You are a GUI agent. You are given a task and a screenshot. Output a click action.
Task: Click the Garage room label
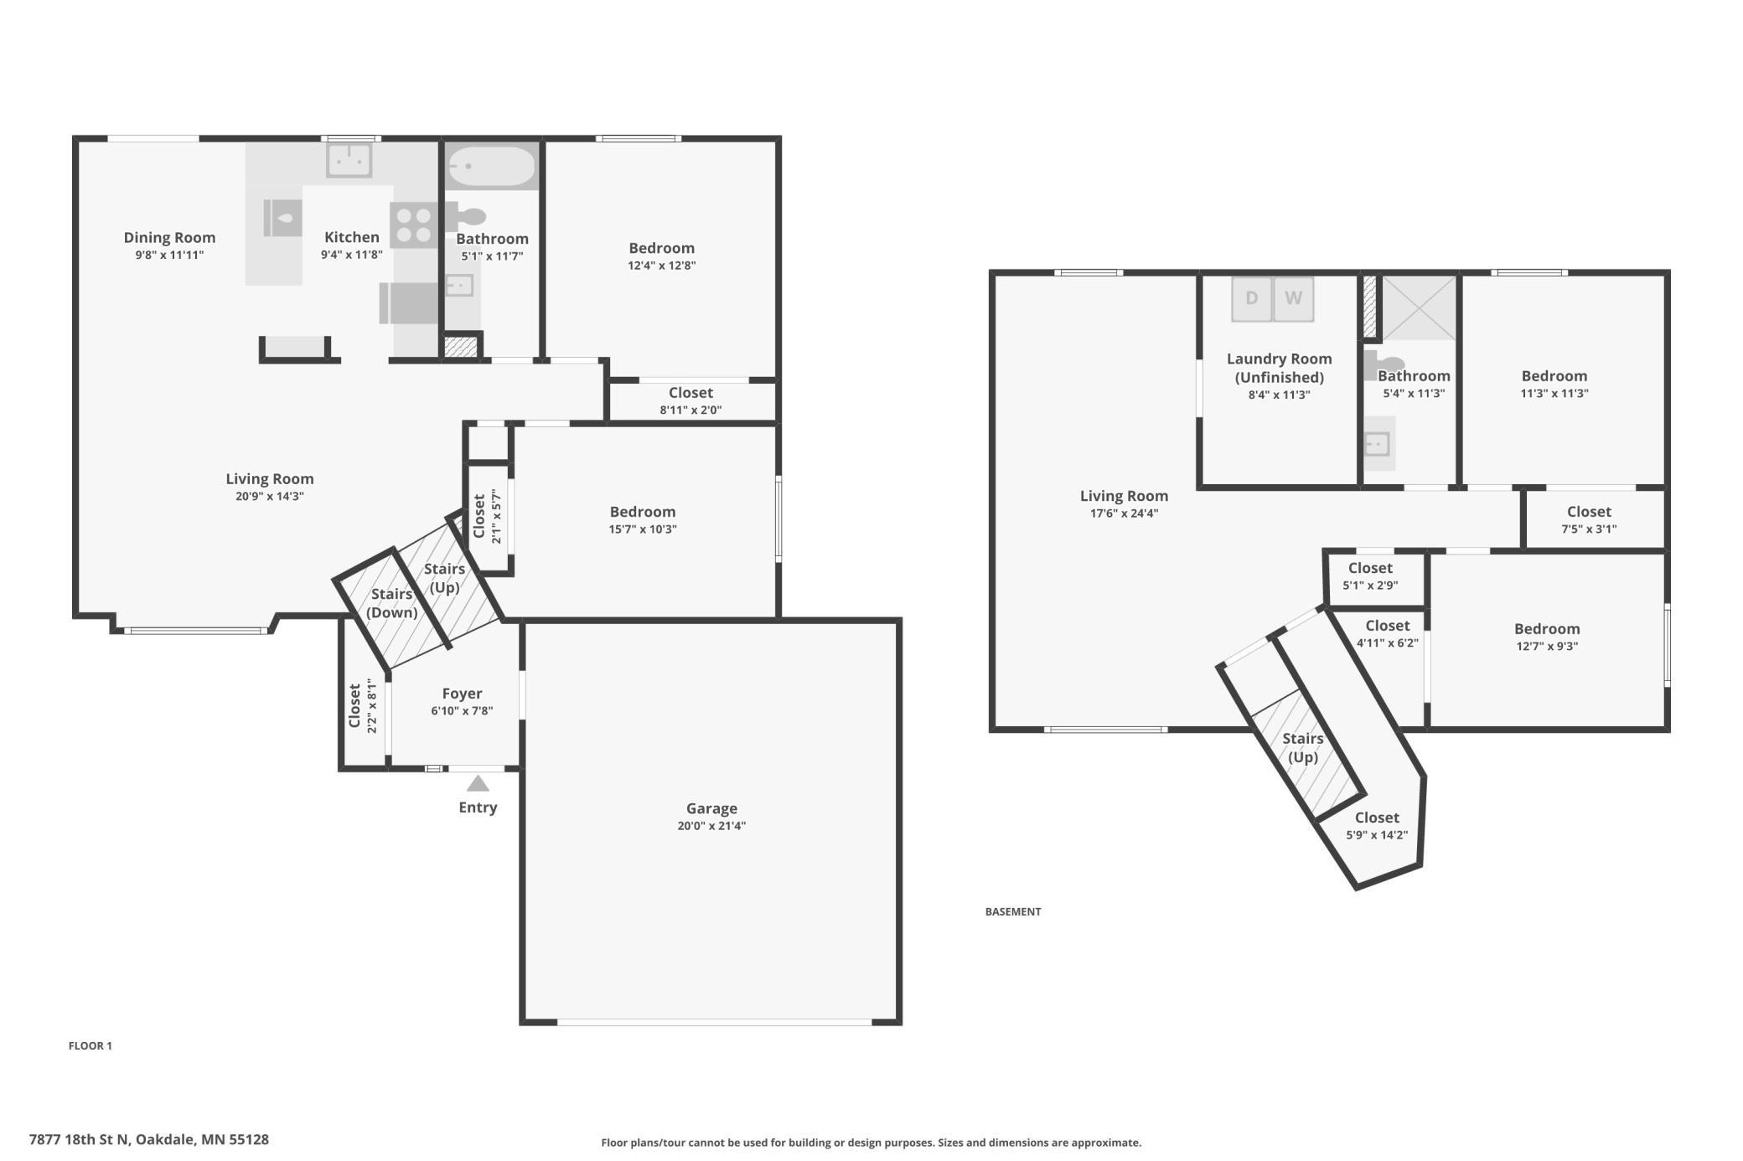(711, 808)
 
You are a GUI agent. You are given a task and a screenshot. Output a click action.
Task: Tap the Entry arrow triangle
(478, 783)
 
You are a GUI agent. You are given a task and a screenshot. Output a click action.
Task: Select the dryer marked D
(1251, 299)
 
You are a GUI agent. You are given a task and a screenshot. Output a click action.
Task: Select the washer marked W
(1293, 299)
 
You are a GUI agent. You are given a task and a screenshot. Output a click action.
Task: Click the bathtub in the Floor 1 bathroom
(491, 167)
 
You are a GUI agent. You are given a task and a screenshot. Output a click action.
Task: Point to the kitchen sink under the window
(349, 160)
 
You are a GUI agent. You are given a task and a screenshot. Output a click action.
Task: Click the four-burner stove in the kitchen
(413, 225)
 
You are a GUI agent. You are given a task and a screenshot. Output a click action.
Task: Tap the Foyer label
(462, 694)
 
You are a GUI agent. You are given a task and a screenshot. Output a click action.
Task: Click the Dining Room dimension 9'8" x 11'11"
(169, 255)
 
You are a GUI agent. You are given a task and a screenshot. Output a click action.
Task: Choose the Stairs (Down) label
(391, 603)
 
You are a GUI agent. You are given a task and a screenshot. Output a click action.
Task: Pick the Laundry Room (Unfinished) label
(1279, 368)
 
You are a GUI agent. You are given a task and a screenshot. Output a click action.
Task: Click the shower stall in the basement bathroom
(1419, 307)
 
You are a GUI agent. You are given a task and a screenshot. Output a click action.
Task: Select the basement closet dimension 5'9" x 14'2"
(1377, 835)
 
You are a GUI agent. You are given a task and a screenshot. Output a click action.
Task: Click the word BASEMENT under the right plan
(1013, 911)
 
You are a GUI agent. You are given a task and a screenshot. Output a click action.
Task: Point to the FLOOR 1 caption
(90, 1045)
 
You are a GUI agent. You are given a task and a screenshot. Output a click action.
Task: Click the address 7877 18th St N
(79, 1139)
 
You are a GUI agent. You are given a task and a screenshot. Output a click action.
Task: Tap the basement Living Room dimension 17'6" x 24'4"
(1124, 513)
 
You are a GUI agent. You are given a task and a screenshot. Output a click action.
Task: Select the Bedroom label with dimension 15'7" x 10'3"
(643, 512)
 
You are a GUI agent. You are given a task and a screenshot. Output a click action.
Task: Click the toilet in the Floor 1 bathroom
(466, 218)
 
